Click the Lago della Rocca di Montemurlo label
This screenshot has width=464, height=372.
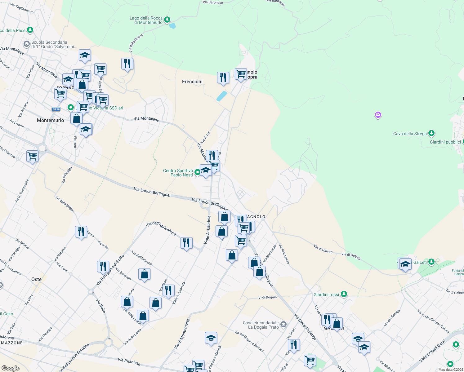point(146,20)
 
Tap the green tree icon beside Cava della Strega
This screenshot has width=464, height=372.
point(431,133)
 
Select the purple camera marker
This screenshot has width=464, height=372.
point(378,115)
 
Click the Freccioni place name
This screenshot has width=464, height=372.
point(192,82)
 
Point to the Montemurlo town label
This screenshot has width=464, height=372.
point(51,120)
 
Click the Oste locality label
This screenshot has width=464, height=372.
point(37,279)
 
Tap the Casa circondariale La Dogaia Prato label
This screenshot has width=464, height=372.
point(261,325)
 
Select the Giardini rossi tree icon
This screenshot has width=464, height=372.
point(344,294)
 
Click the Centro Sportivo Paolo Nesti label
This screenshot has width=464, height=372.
point(178,173)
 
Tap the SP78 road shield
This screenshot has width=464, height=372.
point(56,109)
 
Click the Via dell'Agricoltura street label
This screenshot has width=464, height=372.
point(161,228)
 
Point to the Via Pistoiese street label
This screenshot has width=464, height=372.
point(129,361)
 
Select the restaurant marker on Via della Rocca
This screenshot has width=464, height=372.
point(127,64)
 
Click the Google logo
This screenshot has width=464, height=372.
point(10,368)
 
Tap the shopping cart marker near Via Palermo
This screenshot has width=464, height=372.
point(33,156)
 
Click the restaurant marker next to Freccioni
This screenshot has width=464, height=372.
point(223,77)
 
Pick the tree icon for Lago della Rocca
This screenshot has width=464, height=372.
point(167,20)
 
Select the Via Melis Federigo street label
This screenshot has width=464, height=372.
point(305,327)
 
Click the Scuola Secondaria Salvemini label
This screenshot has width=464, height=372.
point(54,44)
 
